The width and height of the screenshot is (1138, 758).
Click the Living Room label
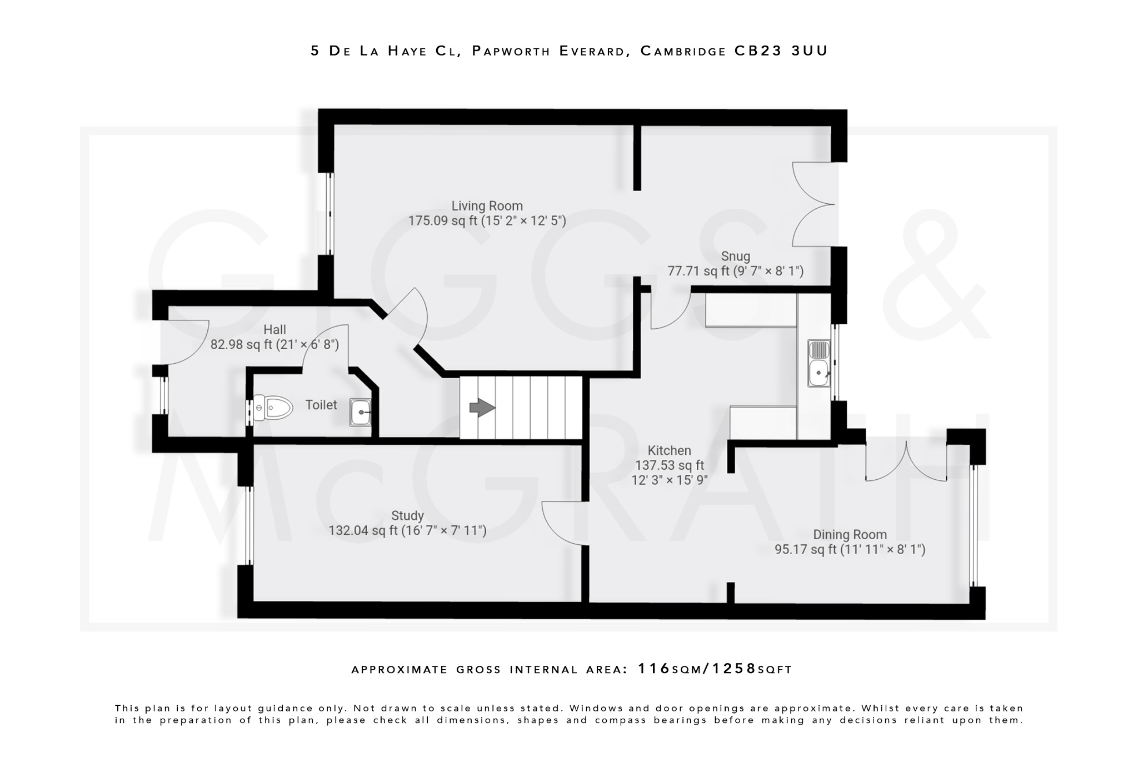[x=487, y=206]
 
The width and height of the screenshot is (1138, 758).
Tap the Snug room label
[x=735, y=257]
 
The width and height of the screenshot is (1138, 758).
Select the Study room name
[x=407, y=516]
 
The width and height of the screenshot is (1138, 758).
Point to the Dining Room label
[x=850, y=535]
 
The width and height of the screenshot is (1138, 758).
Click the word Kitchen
[x=669, y=451]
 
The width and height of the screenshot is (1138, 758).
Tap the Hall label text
[x=274, y=330]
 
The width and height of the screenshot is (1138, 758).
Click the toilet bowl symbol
[x=273, y=408]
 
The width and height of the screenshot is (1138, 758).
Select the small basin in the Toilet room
[x=360, y=412]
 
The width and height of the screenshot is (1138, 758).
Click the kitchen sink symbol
[x=819, y=364]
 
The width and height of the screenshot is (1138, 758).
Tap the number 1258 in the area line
[x=735, y=669]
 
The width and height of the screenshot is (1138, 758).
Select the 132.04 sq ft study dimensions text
[x=407, y=531]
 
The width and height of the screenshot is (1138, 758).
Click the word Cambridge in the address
[x=683, y=51]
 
